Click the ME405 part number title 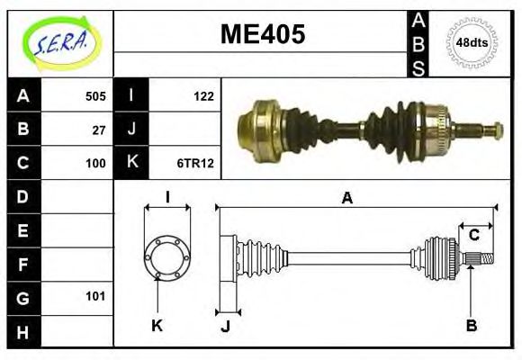pos(263,34)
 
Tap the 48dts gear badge pos(472,42)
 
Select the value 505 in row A pos(94,95)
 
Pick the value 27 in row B pos(98,129)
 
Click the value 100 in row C pos(94,163)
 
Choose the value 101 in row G pos(94,296)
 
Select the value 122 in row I pos(203,95)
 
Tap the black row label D pos(23,196)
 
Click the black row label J pos(131,129)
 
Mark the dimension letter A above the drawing pos(347,198)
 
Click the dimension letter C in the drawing pos(473,236)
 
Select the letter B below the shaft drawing pos(471,326)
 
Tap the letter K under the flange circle pos(157,326)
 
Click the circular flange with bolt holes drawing pos(166,257)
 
